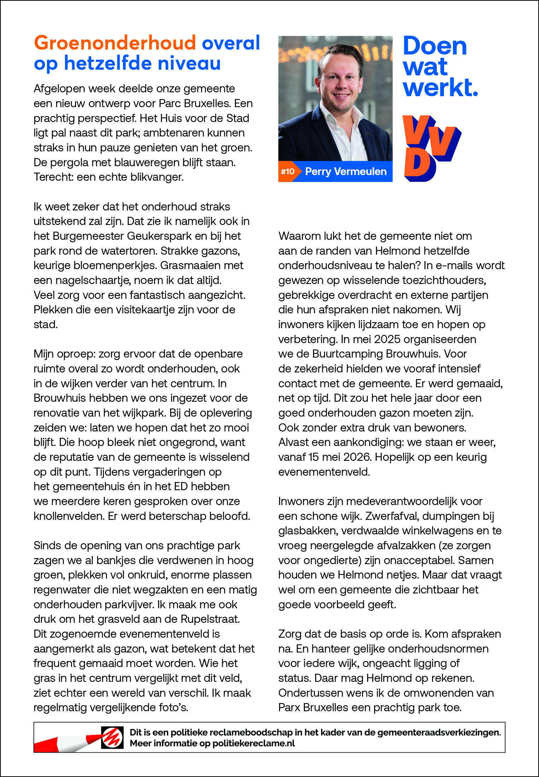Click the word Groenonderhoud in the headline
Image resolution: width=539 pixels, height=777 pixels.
(115, 43)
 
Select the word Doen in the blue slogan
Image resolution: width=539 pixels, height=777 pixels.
(435, 46)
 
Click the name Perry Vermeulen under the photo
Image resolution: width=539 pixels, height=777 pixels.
(346, 172)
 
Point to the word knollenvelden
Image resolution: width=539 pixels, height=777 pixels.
(69, 516)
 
